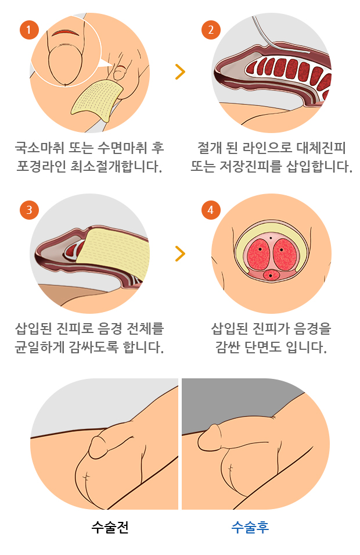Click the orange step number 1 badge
click(x=28, y=30)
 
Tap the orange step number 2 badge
click(x=210, y=30)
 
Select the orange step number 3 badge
click(x=28, y=210)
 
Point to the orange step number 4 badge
click(x=210, y=210)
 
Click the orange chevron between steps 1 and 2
click(x=180, y=71)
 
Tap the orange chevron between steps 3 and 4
click(x=180, y=253)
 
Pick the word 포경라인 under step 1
click(x=41, y=167)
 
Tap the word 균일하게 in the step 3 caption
click(x=41, y=348)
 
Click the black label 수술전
click(x=110, y=528)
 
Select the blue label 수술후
click(x=250, y=528)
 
